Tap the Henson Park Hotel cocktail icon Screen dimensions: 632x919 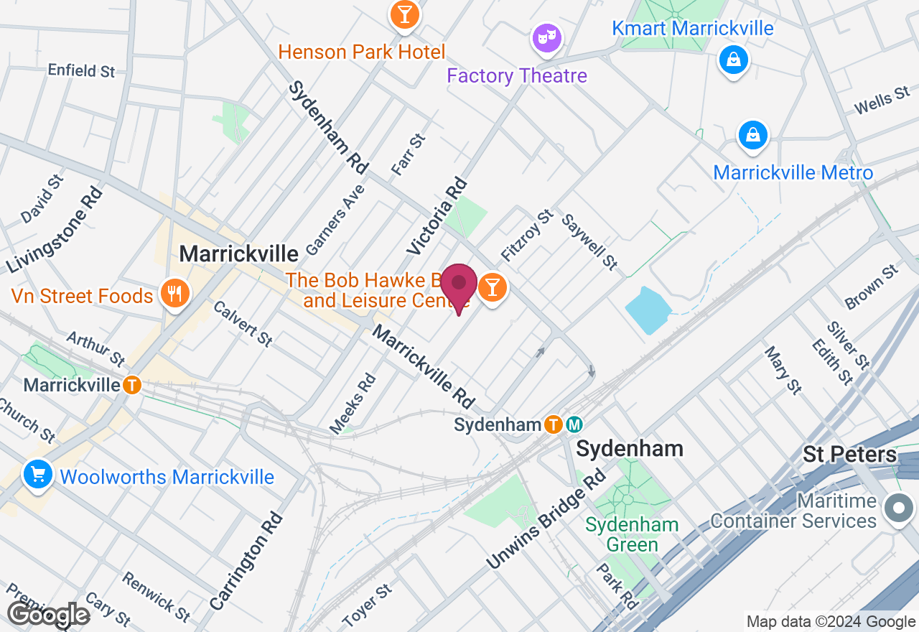(x=404, y=14)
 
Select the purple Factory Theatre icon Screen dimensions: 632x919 (x=546, y=37)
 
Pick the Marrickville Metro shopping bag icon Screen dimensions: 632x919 (x=753, y=135)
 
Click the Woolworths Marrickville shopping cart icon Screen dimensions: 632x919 (x=37, y=475)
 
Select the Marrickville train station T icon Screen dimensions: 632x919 (x=132, y=385)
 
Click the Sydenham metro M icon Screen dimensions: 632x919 (x=574, y=424)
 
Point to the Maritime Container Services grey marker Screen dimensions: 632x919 (x=898, y=508)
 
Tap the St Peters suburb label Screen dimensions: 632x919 (x=849, y=454)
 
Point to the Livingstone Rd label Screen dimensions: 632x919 (x=53, y=230)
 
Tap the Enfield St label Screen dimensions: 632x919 (x=81, y=70)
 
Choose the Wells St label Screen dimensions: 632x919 (x=882, y=101)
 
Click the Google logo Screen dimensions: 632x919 (x=47, y=615)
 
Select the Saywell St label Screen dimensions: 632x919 (x=589, y=242)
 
